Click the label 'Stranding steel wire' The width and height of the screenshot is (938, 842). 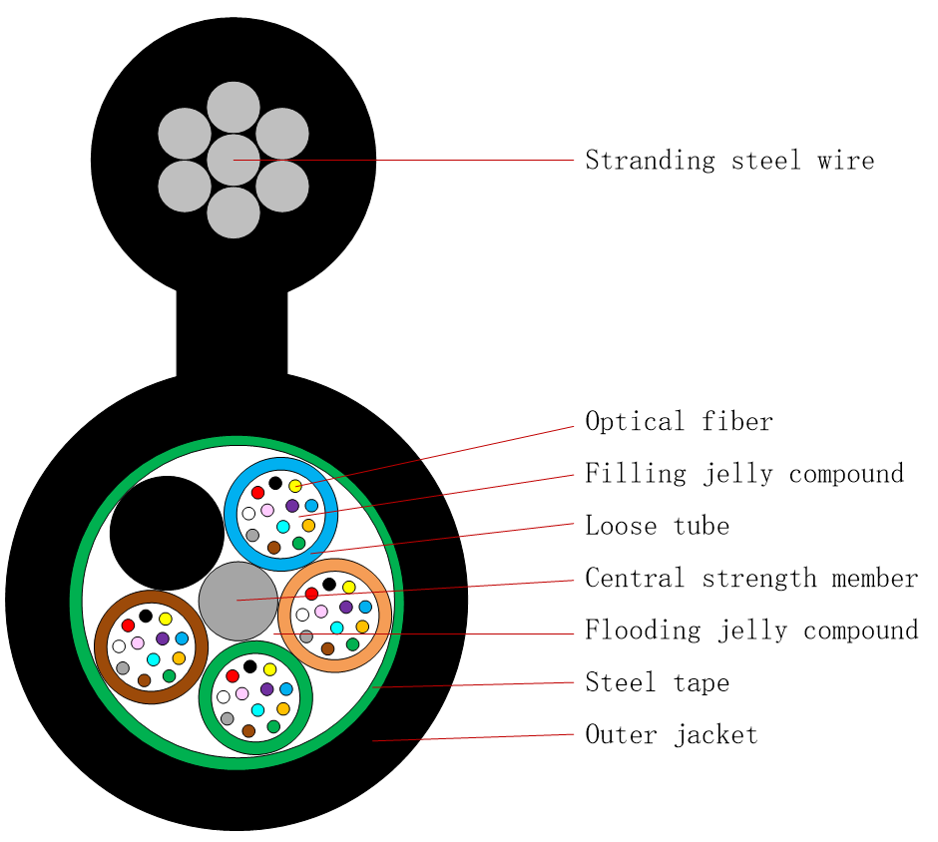[x=729, y=161]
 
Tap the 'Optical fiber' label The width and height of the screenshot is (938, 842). [x=679, y=422]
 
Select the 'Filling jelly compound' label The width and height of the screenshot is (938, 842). [x=744, y=474]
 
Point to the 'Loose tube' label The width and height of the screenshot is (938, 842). [x=657, y=526]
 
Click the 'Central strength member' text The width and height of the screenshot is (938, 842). [x=751, y=579]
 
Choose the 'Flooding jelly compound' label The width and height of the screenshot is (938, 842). [x=751, y=631]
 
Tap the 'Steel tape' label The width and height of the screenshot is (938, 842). [x=657, y=683]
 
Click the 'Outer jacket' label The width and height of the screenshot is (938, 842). [x=672, y=736]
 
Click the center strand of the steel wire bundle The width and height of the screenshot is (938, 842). [x=234, y=160]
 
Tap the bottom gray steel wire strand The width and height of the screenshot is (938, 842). [x=234, y=212]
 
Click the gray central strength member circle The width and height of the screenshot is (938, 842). [x=238, y=601]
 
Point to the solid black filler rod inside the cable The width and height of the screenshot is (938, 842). [x=167, y=533]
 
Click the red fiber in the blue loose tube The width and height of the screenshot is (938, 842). [x=257, y=493]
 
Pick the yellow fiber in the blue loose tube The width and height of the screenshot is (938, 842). [x=295, y=486]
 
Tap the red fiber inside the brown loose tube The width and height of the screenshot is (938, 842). [x=128, y=626]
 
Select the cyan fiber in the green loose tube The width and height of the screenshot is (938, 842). [x=258, y=709]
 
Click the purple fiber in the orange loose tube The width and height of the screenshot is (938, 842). [x=345, y=607]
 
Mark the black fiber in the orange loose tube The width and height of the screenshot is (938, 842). [x=329, y=585]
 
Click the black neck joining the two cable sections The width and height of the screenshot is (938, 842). [x=232, y=334]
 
